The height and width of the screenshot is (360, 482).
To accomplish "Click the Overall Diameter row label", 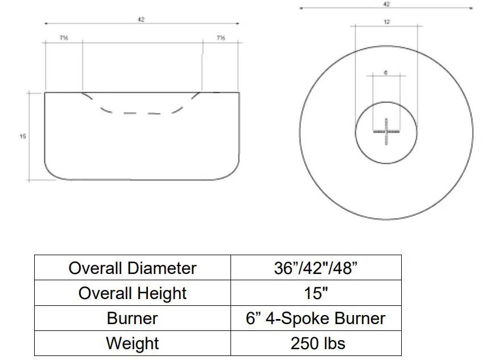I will coord(132,268).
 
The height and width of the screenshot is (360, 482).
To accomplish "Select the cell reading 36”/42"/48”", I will coord(316,268).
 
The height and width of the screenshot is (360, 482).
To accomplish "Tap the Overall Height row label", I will coord(132,293).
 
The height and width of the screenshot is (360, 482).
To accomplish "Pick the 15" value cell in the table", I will coord(316,293).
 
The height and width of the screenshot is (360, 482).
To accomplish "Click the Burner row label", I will coord(132,318).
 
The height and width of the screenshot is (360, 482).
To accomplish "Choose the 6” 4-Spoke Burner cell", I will coord(316,318).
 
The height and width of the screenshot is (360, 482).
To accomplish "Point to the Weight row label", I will coord(132,343).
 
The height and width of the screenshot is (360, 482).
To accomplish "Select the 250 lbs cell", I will coord(316,343).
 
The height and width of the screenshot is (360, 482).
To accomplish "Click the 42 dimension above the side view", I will coord(141,19).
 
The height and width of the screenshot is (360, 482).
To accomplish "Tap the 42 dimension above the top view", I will coord(386,3).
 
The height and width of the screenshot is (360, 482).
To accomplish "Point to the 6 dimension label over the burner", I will coord(386,72).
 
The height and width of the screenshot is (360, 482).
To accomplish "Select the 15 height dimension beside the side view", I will coord(23,136).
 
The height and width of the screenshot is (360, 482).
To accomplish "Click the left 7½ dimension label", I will coord(64,38).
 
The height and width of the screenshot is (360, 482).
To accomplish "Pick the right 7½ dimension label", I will coord(220,38).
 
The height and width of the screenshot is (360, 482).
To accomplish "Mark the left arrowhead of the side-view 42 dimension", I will coord(46,24).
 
